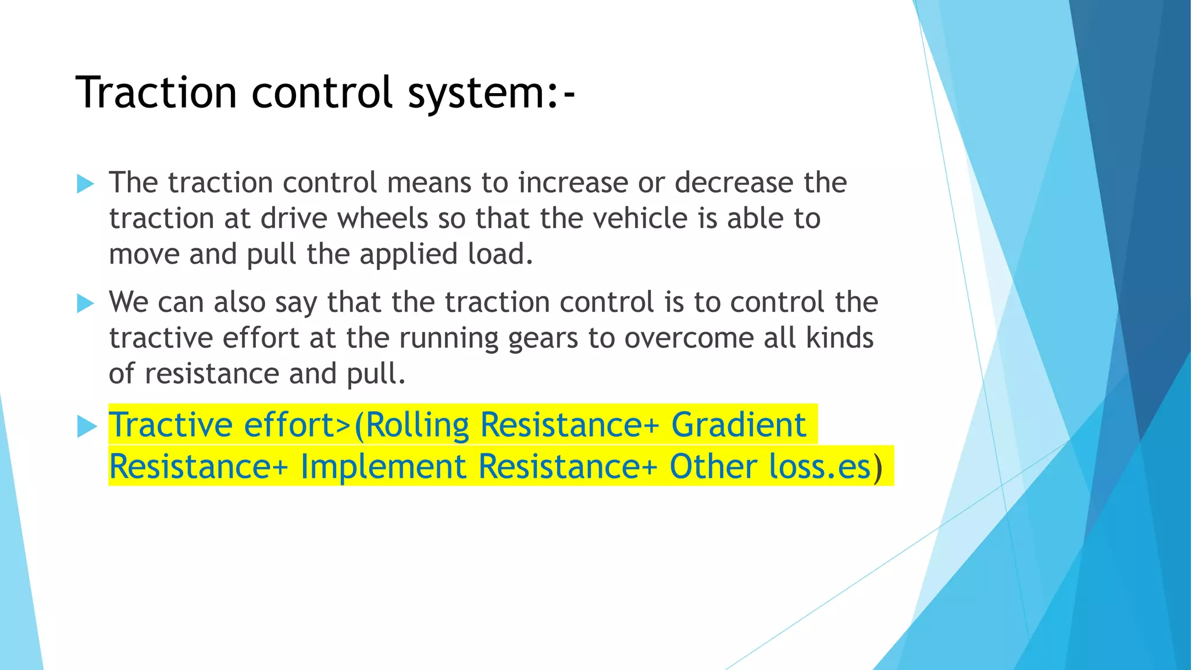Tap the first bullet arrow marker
(85, 184)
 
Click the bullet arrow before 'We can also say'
(85, 303)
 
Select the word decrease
(734, 183)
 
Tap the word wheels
(383, 219)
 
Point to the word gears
(543, 338)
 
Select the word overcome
(689, 338)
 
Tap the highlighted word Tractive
(171, 425)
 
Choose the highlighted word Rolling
(418, 426)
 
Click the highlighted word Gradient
(739, 425)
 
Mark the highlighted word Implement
(383, 467)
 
